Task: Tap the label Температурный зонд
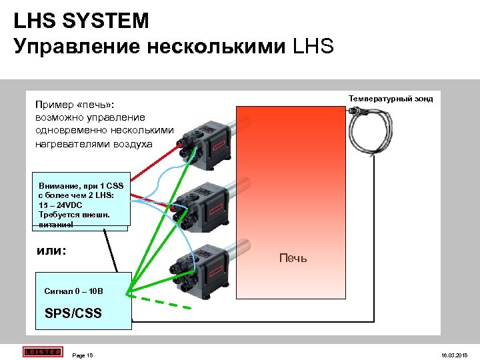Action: coord(390,99)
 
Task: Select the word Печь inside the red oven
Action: coord(293,257)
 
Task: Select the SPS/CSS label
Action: coord(73,313)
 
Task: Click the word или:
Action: coord(54,251)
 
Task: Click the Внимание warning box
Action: coord(81,204)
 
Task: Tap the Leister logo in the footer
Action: coord(42,352)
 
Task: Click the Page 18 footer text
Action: coord(82,355)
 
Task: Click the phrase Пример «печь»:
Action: coord(75,105)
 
